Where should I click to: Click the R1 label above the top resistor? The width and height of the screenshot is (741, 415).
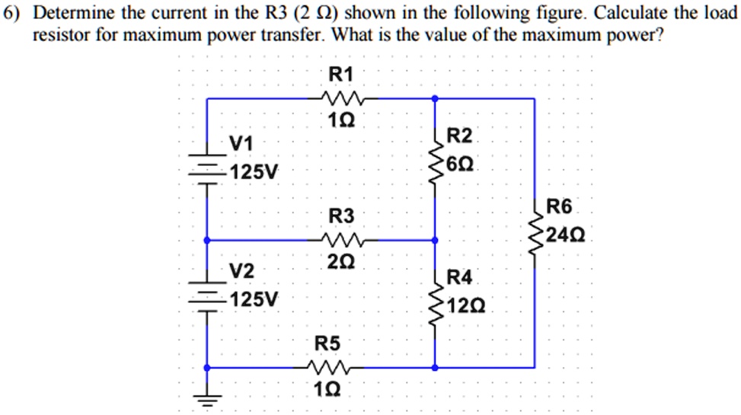pos(340,74)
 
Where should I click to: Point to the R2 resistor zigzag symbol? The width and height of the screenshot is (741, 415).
pos(434,161)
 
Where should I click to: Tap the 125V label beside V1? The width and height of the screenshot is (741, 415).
pos(254,171)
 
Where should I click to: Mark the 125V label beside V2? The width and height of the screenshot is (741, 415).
pos(254,298)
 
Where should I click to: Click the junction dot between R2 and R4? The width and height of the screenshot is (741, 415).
pos(434,240)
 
